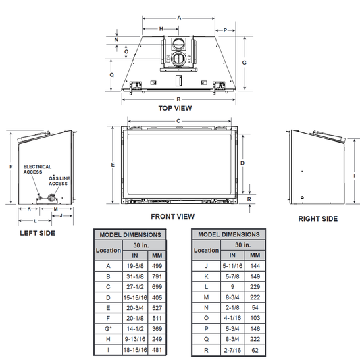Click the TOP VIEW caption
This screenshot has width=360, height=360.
[x=175, y=108]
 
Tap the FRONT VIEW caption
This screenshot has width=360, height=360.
[x=173, y=217]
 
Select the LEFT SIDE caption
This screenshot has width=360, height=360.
[x=37, y=233]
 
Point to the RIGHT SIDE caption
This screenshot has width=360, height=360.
[x=317, y=219]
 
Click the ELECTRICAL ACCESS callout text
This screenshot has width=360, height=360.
[x=37, y=170]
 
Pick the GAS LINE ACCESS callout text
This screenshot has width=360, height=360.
[x=59, y=181]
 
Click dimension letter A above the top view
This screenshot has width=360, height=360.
[x=179, y=18]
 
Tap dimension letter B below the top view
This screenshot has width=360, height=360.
[x=178, y=99]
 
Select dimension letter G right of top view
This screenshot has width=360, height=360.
[x=245, y=63]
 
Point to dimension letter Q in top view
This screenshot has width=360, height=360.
[x=112, y=75]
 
